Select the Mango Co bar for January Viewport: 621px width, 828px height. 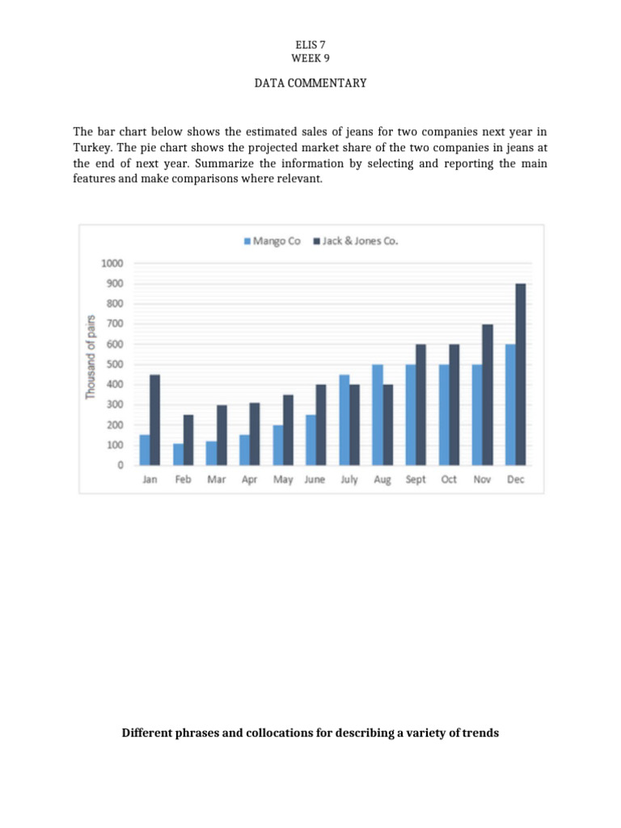click(145, 450)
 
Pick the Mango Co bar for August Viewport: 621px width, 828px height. click(378, 415)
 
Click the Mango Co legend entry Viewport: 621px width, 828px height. click(272, 241)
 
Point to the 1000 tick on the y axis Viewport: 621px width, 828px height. click(112, 264)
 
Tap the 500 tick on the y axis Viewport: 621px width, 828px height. click(115, 365)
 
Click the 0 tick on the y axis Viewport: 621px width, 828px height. click(120, 466)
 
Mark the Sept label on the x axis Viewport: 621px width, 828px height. click(416, 479)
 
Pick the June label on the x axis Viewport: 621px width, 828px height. click(315, 479)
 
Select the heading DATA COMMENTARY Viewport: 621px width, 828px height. click(310, 83)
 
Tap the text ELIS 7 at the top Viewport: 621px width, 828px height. click(310, 45)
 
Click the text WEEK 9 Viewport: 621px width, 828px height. click(310, 57)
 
